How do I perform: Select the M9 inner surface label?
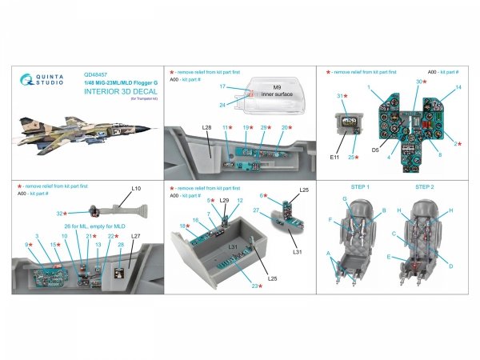click(273, 93)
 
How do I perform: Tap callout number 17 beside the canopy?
click(225, 86)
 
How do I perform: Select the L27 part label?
click(135, 237)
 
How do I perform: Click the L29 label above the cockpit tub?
click(225, 201)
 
